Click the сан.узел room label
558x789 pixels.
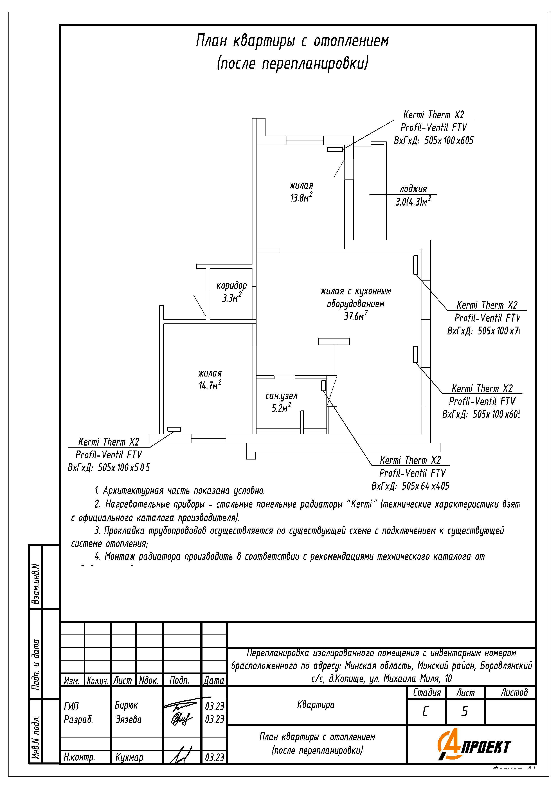(281, 396)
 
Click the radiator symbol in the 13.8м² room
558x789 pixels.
(335, 149)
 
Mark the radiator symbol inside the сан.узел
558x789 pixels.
(323, 386)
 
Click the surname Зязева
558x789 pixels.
(128, 720)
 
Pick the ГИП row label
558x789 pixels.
(71, 706)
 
